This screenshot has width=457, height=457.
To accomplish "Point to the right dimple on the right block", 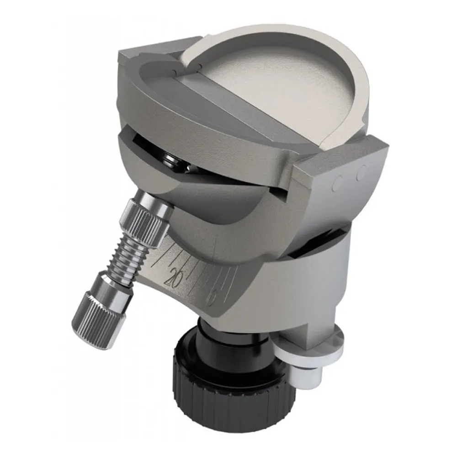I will tap(361, 173).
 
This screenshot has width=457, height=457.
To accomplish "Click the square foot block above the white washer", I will tap(320, 320).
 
